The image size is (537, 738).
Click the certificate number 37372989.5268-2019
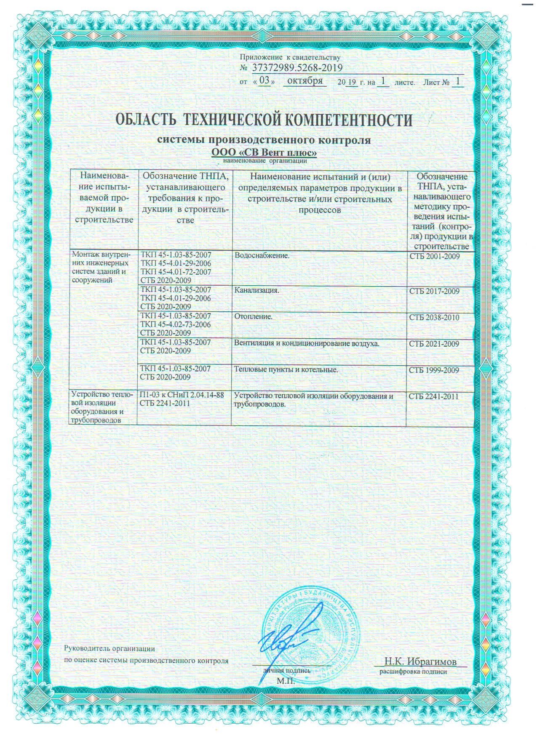297,68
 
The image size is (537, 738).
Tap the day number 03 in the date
264,80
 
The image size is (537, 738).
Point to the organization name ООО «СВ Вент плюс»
263,152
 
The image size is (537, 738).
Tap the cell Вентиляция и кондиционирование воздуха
307,343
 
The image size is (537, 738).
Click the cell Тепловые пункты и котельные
286,369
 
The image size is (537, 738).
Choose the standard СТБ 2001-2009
434,256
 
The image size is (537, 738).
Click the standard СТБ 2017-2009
434,291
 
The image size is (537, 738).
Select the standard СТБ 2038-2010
434,317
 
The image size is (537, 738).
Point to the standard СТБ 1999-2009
434,370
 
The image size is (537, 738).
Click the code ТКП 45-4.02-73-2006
176,324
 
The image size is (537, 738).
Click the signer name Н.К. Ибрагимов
420,661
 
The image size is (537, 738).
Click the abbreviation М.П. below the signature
286,681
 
